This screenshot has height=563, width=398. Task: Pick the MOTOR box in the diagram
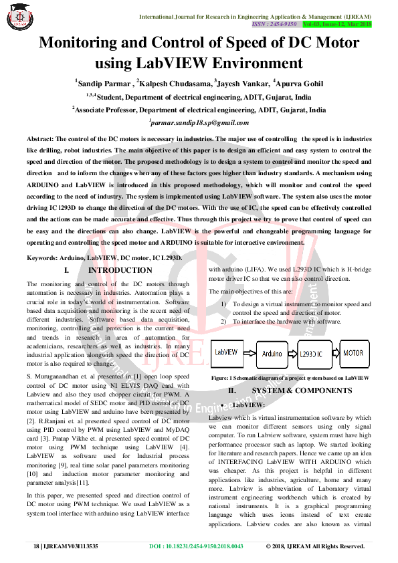tap(354, 352)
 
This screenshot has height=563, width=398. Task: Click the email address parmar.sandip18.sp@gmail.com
tap(199, 123)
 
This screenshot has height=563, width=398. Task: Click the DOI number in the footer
tap(195, 546)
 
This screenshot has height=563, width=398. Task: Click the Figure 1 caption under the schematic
tap(290, 378)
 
